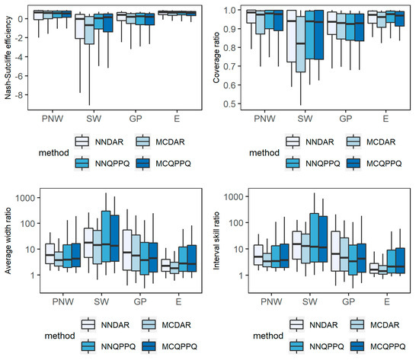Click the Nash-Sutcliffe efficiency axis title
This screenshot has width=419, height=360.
pos(8,57)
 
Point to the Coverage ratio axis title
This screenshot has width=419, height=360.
pos(216,57)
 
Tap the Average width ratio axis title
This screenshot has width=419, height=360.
pos(8,241)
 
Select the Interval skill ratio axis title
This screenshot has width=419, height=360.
pos(216,241)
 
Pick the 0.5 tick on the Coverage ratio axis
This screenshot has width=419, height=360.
pos(230,104)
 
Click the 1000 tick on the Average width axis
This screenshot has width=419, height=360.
pos(25,198)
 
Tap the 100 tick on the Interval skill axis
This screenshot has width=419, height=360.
pos(236,223)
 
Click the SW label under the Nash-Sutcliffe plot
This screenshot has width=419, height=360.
pos(94,119)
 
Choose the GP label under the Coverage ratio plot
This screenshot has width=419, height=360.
pos(346,119)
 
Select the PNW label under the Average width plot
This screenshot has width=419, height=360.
pos(62,302)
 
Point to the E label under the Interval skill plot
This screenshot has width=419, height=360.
pos(387,302)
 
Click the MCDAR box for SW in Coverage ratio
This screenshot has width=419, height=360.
pos(301,44)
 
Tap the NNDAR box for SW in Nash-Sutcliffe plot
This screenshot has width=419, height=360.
pos(80,27)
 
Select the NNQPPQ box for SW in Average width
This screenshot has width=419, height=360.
pos(106,237)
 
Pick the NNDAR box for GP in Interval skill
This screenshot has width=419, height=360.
pos(336,251)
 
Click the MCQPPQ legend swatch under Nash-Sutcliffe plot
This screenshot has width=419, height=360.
pos(142,163)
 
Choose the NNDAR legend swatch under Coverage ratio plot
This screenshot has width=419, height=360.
pos(293,142)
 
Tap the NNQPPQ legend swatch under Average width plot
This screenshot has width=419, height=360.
pos(88,346)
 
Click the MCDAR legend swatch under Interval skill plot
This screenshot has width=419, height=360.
pos(357,325)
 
